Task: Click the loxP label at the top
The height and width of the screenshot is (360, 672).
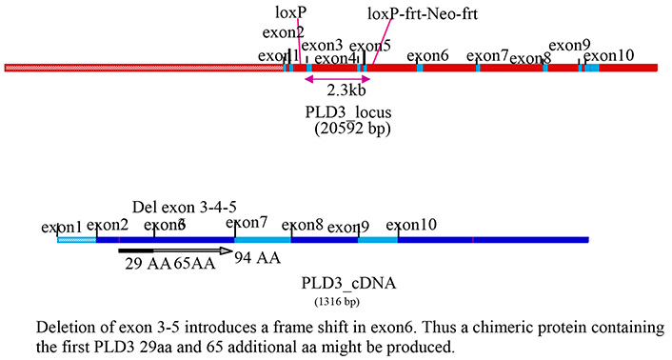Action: click(289, 12)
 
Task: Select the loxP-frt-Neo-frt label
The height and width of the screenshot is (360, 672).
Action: click(423, 15)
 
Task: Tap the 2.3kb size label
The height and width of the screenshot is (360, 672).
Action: click(346, 91)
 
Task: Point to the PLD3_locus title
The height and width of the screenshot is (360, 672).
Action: click(348, 112)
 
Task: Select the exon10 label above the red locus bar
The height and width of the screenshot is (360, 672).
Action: click(608, 55)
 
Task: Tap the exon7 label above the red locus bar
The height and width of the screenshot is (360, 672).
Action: click(487, 55)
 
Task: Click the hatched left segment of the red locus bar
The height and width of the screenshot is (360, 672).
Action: click(143, 68)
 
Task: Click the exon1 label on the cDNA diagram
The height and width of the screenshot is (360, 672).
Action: click(62, 228)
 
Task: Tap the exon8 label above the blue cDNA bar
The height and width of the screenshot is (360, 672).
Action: click(303, 225)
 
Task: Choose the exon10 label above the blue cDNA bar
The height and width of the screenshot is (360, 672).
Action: click(411, 225)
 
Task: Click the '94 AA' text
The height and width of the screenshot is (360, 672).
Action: click(258, 258)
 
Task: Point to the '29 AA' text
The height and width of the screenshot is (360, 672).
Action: click(148, 265)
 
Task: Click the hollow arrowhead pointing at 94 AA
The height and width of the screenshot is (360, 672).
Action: click(226, 251)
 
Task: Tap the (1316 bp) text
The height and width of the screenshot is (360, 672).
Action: click(337, 302)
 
